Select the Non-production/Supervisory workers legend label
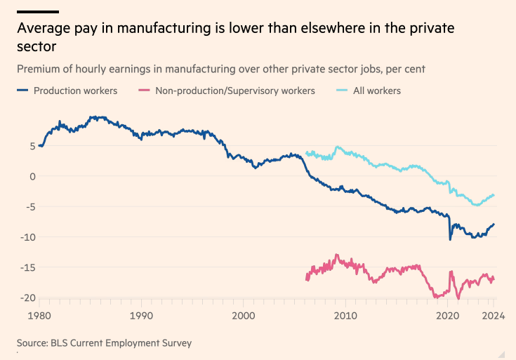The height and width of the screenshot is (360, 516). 235,91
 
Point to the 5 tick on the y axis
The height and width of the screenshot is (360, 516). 32,146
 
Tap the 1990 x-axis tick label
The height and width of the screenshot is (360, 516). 142,316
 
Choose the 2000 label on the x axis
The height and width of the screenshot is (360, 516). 244,316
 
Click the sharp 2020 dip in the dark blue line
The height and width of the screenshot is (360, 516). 450,239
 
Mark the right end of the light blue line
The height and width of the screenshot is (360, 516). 494,194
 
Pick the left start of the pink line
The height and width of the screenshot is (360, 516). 307,280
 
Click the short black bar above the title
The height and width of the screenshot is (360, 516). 37,12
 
